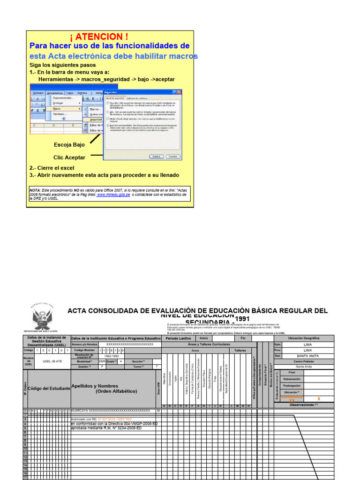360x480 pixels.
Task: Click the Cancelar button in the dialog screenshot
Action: click(x=173, y=156)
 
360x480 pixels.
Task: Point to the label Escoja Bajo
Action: click(x=69, y=145)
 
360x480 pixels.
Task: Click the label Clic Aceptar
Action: click(x=69, y=157)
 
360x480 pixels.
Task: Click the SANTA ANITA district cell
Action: click(x=307, y=356)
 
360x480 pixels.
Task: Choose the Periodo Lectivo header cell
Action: click(x=179, y=338)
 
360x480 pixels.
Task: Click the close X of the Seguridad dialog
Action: click(x=180, y=92)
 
